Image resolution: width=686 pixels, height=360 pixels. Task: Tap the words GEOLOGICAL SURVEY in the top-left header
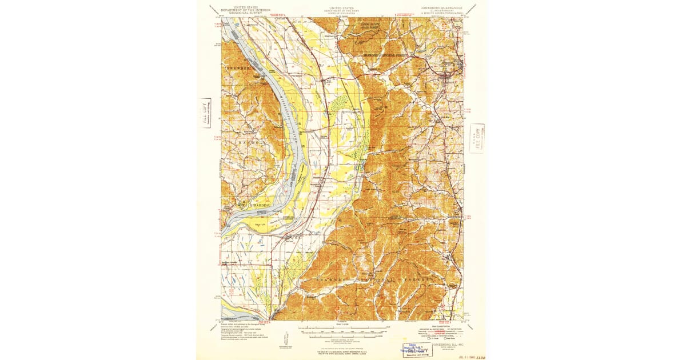click(241, 14)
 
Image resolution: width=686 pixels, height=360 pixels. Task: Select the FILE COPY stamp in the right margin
click(476, 139)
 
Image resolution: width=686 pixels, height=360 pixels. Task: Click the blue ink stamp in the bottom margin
click(416, 349)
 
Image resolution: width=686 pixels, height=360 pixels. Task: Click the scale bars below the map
click(343, 331)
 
